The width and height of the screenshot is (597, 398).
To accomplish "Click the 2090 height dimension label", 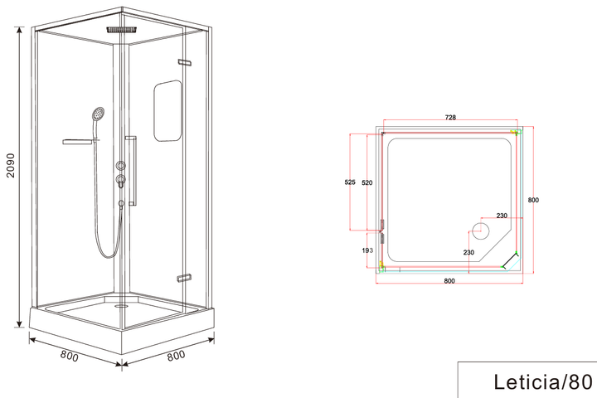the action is [11, 165].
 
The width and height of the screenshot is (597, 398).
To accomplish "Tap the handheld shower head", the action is [98, 114].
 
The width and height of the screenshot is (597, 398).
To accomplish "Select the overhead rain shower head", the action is [122, 29].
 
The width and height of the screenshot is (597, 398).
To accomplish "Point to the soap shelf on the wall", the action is [78, 142].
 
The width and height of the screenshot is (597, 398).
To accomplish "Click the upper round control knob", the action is [121, 165].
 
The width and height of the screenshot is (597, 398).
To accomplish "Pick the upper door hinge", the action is [184, 62].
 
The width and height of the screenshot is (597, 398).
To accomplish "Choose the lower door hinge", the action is [184, 278].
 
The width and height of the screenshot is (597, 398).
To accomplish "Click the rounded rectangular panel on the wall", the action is [167, 110].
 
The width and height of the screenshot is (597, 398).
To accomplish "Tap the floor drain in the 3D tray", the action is [122, 305].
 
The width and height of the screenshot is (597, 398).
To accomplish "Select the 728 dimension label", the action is [450, 117].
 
